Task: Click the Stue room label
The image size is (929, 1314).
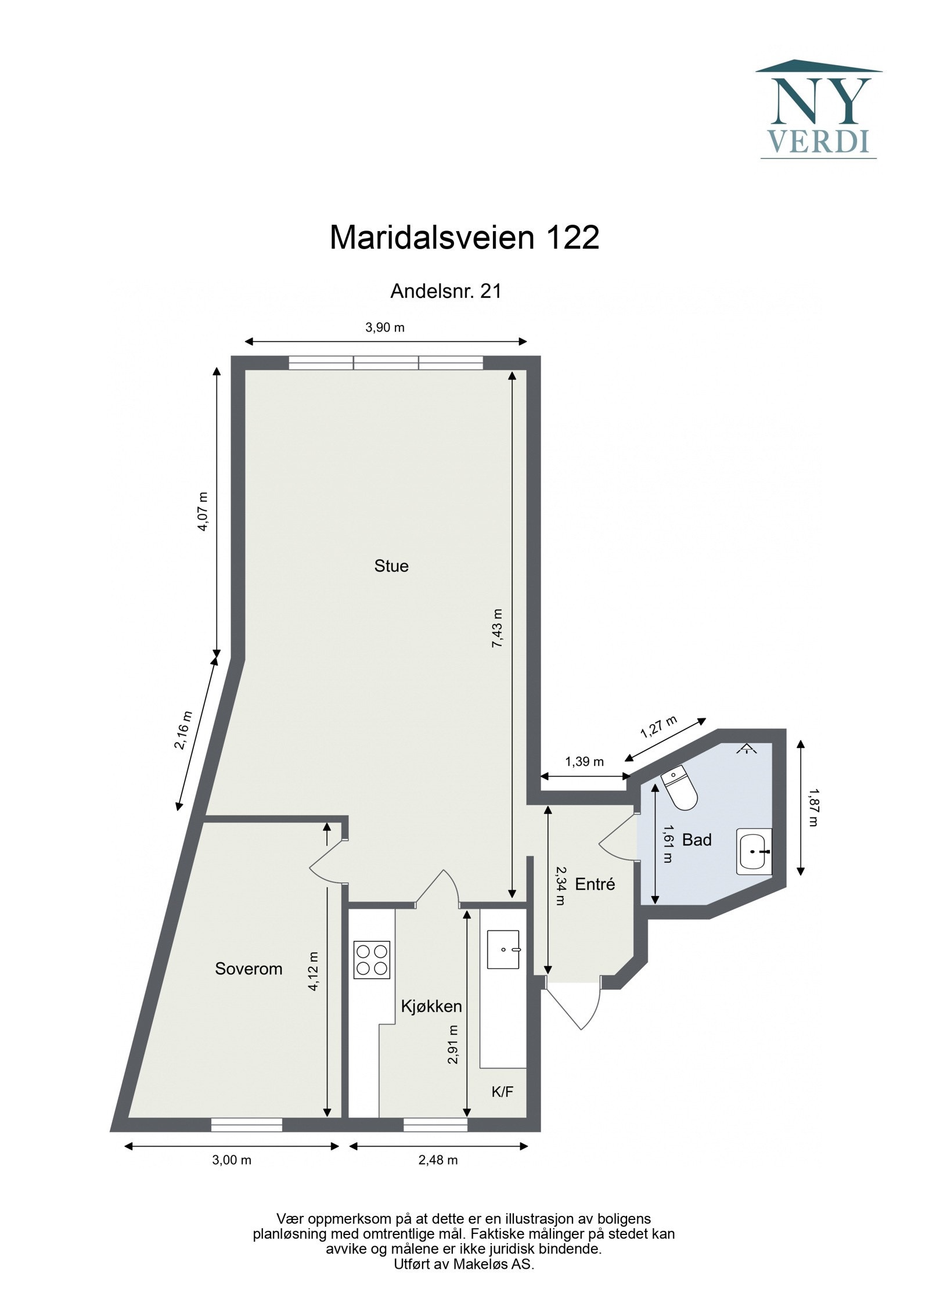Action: pos(391,566)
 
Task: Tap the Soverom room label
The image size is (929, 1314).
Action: pos(249,969)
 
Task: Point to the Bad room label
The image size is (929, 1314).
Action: pos(697,840)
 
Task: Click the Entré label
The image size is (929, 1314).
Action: pos(595,884)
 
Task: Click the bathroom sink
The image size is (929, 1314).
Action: pos(754,851)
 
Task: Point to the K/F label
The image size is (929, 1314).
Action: pos(502,1092)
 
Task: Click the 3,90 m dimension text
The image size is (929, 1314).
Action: pos(385,327)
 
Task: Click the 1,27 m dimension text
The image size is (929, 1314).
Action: pos(659,726)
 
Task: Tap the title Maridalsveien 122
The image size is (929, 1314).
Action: pos(464,237)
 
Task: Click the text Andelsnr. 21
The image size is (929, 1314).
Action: pos(445,291)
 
